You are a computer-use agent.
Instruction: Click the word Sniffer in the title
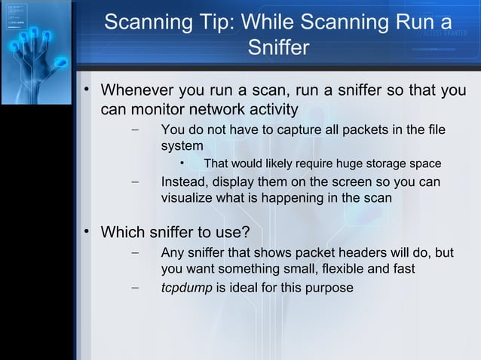tap(278, 49)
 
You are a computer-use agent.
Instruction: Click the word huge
tap(346, 164)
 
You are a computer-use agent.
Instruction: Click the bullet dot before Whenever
tap(87, 90)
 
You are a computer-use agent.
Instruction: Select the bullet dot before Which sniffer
tap(87, 230)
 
